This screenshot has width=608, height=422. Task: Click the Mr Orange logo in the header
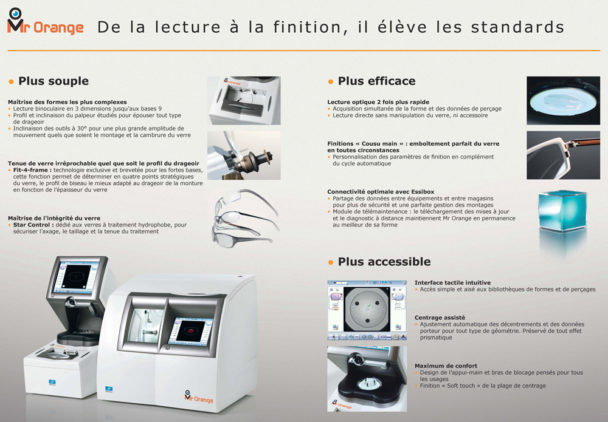click(46, 22)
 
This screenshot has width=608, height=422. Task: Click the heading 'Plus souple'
click(54, 81)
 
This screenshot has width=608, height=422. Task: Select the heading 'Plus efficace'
click(376, 81)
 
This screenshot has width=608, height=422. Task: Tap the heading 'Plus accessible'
click(384, 262)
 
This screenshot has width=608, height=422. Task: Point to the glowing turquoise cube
click(562, 211)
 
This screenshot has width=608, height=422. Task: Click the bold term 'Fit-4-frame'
click(32, 170)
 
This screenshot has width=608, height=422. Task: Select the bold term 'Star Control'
click(33, 225)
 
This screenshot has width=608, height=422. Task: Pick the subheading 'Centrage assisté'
click(440, 318)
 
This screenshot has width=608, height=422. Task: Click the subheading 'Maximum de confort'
click(446, 366)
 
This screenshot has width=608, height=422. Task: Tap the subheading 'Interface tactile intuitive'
click(452, 282)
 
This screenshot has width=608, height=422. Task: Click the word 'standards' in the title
click(517, 27)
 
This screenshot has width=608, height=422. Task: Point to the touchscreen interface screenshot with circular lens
click(367, 310)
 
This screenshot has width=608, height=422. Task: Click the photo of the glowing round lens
click(563, 101)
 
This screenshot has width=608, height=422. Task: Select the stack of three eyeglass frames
click(245, 217)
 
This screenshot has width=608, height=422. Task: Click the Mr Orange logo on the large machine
click(199, 396)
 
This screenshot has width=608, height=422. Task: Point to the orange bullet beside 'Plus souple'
click(11, 82)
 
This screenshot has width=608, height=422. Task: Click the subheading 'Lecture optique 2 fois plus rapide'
click(378, 102)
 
